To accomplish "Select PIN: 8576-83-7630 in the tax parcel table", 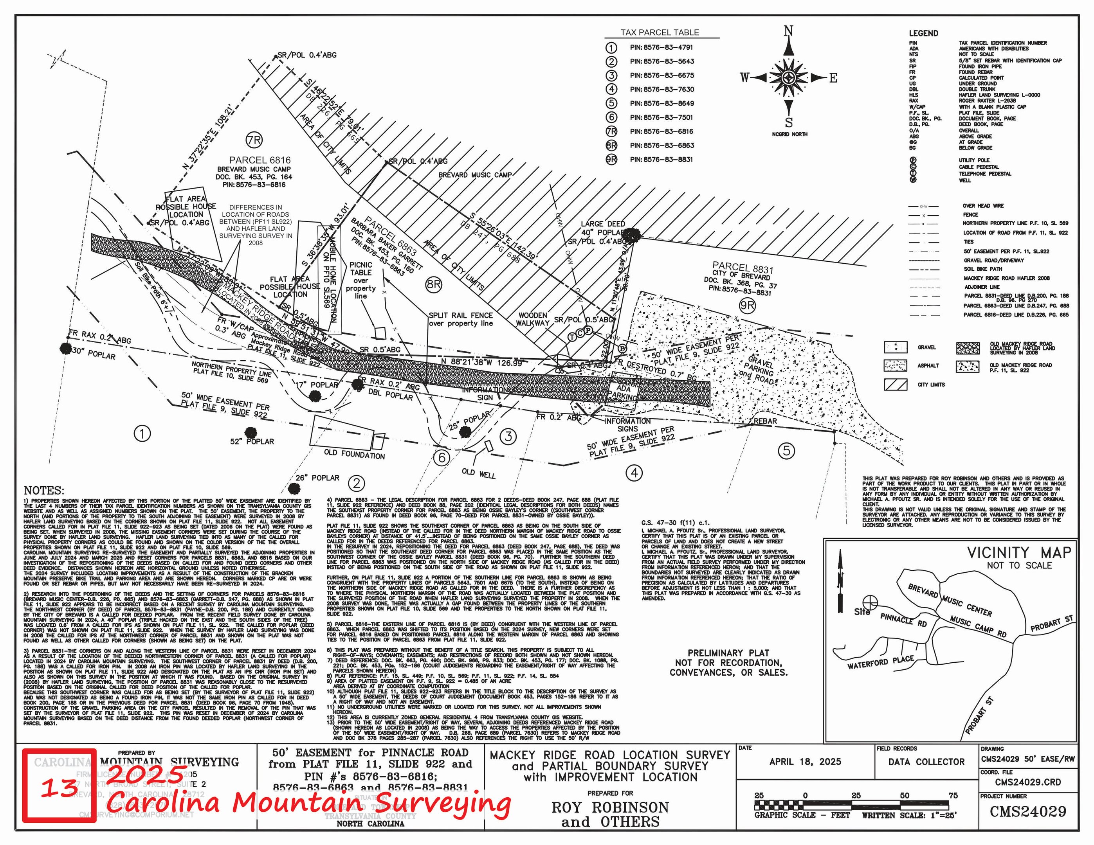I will coord(662,90).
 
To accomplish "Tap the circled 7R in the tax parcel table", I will coord(611,131).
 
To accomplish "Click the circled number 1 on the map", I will coord(142,433).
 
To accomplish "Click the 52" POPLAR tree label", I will coord(252,442).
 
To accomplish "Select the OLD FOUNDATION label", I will coord(354,454).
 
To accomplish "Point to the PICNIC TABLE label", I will coord(360,269).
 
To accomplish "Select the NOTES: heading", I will coord(44,491).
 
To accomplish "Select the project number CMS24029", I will coord(1028,811).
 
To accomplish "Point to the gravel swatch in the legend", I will coord(895,347).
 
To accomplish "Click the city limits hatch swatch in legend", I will coord(895,385).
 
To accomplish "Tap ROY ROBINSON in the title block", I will coord(610,807).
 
